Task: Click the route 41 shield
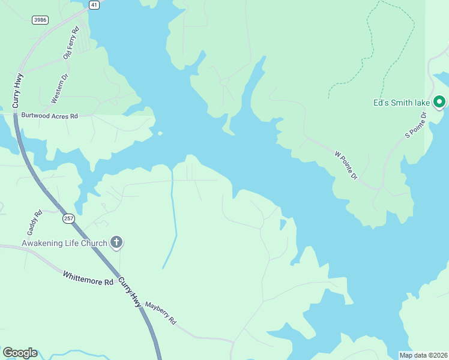point(94,5)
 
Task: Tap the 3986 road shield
point(40,20)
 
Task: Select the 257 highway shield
point(68,218)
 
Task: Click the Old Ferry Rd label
point(71,43)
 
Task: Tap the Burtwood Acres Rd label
point(50,115)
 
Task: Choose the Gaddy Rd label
point(34,222)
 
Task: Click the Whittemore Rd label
point(88,278)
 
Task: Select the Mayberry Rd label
point(160,312)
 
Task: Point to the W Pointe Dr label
point(345,165)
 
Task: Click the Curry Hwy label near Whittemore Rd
point(130,292)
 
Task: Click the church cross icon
point(116,242)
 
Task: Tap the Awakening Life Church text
point(64,243)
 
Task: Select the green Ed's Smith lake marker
point(439,102)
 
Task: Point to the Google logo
point(20,353)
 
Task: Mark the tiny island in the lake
point(160,133)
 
